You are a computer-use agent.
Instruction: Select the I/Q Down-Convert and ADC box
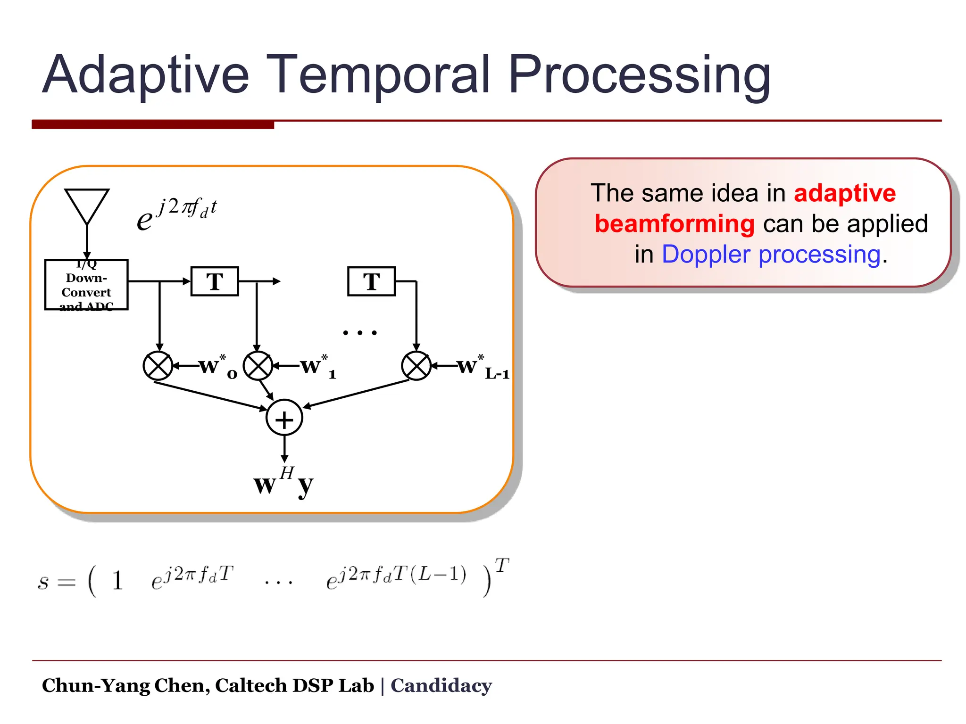pyautogui.click(x=86, y=285)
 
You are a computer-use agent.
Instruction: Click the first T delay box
pyautogui.click(x=215, y=281)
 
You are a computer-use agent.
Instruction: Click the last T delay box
pyautogui.click(x=371, y=281)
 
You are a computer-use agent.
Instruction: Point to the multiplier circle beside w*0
pyautogui.click(x=158, y=366)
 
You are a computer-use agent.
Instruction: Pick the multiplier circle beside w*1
pyautogui.click(x=258, y=366)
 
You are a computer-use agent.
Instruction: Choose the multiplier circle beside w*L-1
pyautogui.click(x=416, y=366)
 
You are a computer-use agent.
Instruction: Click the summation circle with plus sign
pyautogui.click(x=284, y=418)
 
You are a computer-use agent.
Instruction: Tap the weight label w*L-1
pyautogui.click(x=481, y=367)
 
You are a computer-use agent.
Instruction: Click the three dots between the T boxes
pyautogui.click(x=360, y=333)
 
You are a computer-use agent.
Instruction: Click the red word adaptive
pyautogui.click(x=844, y=193)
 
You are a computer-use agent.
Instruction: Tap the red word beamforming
pyautogui.click(x=675, y=224)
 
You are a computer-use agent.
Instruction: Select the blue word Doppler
pyautogui.click(x=708, y=255)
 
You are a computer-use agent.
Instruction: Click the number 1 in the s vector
pyautogui.click(x=117, y=581)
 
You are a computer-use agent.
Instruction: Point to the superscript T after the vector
pyautogui.click(x=502, y=565)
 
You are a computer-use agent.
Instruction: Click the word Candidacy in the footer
pyautogui.click(x=441, y=685)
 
